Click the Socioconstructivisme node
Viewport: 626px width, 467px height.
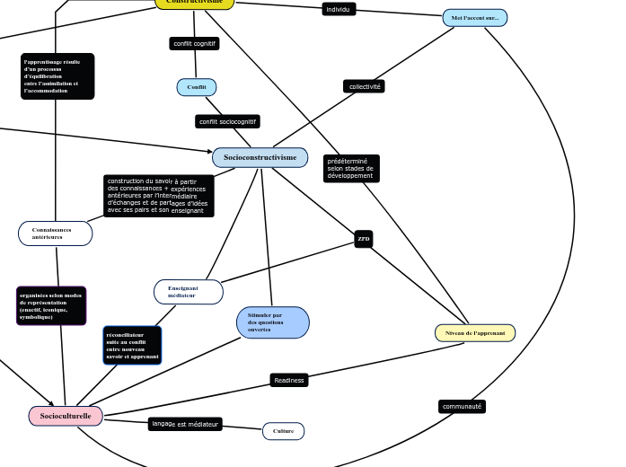click(x=260, y=158)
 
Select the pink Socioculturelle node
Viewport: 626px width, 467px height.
click(x=66, y=416)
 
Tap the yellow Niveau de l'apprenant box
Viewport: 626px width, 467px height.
click(x=475, y=333)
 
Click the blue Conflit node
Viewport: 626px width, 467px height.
click(x=197, y=87)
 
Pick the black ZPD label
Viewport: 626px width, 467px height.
click(x=364, y=239)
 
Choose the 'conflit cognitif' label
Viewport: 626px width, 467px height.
click(x=194, y=43)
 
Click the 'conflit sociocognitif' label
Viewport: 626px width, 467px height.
click(x=227, y=121)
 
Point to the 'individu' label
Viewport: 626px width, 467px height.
click(x=339, y=9)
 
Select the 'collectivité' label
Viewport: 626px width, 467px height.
click(x=364, y=86)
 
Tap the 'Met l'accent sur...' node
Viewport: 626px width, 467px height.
click(x=474, y=18)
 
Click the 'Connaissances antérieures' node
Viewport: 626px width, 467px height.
click(x=55, y=233)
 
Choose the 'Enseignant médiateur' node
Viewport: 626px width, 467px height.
click(x=188, y=292)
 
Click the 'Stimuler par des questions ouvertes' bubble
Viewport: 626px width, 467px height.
click(x=273, y=322)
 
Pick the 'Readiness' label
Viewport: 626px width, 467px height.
click(x=289, y=380)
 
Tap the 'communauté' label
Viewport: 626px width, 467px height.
click(x=463, y=406)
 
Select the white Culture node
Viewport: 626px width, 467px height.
click(x=283, y=431)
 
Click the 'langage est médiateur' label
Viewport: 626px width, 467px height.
click(x=185, y=424)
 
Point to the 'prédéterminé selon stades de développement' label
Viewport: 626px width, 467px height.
click(x=351, y=169)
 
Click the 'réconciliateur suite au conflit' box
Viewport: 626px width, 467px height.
click(x=132, y=345)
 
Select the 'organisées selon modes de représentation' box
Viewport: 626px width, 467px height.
click(x=51, y=305)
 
